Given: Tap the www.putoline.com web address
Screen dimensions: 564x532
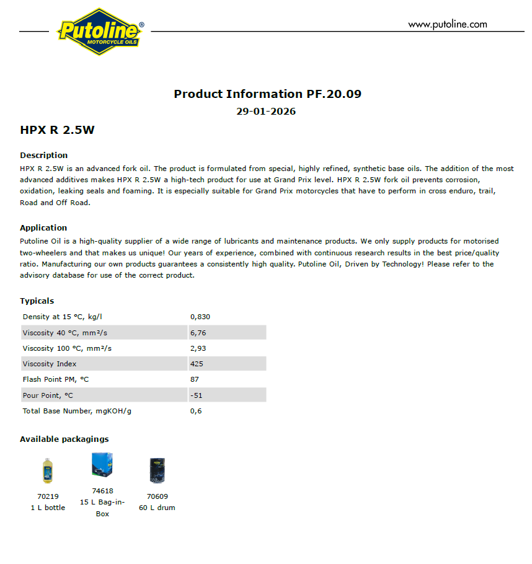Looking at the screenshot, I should (447, 25).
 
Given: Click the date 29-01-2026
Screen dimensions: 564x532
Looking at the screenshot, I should (266, 112).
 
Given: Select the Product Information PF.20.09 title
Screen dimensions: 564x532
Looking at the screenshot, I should (267, 94).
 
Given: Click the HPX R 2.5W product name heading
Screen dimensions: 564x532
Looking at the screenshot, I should (57, 130).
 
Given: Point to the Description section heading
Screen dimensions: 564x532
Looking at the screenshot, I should (44, 155).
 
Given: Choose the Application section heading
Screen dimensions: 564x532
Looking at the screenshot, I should (43, 227).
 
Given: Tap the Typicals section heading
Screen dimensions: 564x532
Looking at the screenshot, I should (37, 301).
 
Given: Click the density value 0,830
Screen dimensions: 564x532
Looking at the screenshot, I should (200, 317).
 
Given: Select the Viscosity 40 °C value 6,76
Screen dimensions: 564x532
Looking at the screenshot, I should (198, 333).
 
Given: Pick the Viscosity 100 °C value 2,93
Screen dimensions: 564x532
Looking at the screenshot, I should (198, 348).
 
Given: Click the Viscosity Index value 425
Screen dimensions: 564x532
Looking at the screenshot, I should (197, 364).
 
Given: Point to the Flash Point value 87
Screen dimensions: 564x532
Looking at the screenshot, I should (195, 379).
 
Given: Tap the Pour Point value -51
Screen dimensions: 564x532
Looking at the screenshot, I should (196, 395).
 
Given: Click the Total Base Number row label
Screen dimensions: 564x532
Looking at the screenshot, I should (77, 410).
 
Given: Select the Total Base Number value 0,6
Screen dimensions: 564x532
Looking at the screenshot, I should (196, 410).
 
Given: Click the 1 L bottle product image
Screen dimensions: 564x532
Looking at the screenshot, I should (48, 470).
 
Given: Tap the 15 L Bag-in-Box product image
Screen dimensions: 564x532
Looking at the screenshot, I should (102, 465).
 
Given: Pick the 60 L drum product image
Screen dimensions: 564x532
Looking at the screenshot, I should (157, 470).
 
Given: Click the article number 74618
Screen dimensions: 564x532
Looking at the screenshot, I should (102, 491).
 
